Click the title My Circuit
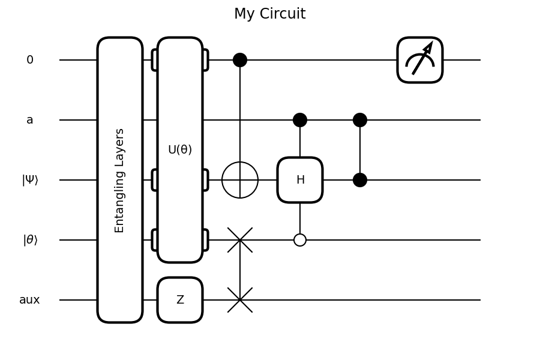[x=269, y=14]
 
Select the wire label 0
[x=30, y=60]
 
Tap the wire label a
[x=30, y=120]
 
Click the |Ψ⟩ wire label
[x=30, y=180]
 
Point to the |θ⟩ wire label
[x=30, y=240]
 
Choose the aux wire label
[x=29, y=300]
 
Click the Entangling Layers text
[x=120, y=180]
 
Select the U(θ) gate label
[x=180, y=150]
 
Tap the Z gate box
[x=180, y=300]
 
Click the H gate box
[x=300, y=180]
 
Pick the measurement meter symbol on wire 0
[x=420, y=60]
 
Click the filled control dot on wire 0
[x=240, y=60]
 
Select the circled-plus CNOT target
[x=240, y=180]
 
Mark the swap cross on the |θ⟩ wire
[x=240, y=240]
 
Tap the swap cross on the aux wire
[x=240, y=300]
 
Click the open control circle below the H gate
[x=300, y=240]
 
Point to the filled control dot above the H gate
[x=300, y=120]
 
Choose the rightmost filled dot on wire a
[x=360, y=120]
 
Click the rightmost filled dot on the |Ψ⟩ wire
[x=360, y=180]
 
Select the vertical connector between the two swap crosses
[x=240, y=270]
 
